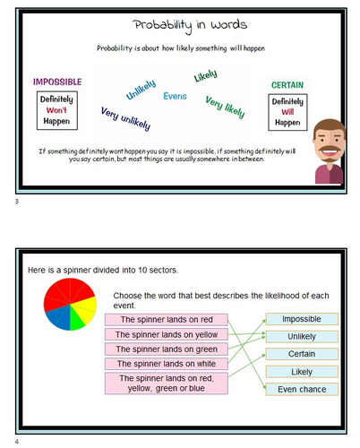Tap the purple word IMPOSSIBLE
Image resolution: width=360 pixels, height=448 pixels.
(x=56, y=82)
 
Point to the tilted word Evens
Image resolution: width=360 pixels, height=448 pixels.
(x=176, y=96)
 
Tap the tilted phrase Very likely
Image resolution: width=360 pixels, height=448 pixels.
(x=226, y=108)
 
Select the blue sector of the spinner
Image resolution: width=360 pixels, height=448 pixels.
(x=55, y=316)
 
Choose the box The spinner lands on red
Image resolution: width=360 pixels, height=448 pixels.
(x=166, y=319)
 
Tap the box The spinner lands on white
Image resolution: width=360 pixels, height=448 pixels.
(x=166, y=363)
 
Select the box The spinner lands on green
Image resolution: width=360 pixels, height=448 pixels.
(x=166, y=349)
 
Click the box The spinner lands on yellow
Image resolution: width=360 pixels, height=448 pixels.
(x=166, y=334)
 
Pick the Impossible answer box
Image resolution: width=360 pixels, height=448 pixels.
(x=301, y=319)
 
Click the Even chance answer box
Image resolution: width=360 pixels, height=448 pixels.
(x=301, y=389)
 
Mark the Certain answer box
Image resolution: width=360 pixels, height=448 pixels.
(x=301, y=354)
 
